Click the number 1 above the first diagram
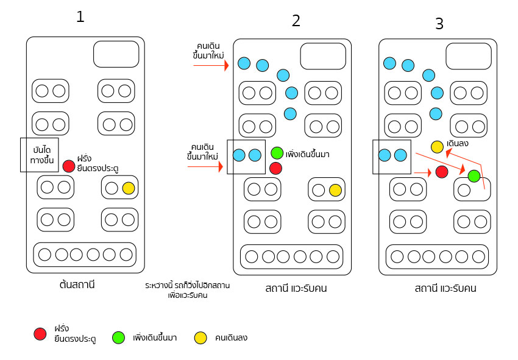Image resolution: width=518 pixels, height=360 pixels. [80, 17]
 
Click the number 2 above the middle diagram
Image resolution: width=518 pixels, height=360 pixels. [296, 21]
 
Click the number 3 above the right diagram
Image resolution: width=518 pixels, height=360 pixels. [439, 24]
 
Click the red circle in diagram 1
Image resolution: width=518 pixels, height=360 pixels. [69, 166]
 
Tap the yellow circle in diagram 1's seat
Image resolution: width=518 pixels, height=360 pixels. [128, 188]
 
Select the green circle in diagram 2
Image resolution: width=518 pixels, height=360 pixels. [277, 153]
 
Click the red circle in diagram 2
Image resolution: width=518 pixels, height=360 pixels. [275, 168]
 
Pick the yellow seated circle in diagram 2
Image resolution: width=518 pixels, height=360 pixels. [335, 190]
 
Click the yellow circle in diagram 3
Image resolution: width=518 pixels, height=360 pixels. [437, 147]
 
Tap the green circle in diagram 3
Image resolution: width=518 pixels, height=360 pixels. [474, 176]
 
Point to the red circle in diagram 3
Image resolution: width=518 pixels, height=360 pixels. [442, 172]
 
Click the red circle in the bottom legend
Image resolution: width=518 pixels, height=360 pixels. [40, 333]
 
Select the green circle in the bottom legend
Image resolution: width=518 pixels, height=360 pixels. [119, 337]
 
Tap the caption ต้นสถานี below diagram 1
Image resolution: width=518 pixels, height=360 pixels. [77, 284]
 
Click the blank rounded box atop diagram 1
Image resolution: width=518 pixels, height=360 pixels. [116, 54]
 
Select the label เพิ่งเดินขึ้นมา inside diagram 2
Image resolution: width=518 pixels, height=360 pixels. [307, 154]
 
